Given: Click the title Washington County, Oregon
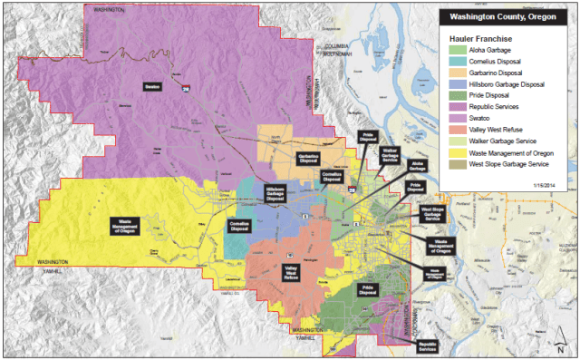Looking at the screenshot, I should point(502,17).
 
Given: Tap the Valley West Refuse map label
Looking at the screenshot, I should point(292,271).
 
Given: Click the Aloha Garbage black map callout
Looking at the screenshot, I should point(417,165).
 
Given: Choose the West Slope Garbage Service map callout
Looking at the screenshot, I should point(432,214).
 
